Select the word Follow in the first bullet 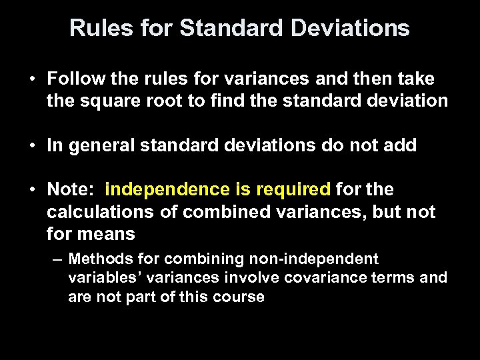click(x=71, y=79)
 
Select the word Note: click(x=71, y=190)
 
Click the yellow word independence click(x=167, y=190)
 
